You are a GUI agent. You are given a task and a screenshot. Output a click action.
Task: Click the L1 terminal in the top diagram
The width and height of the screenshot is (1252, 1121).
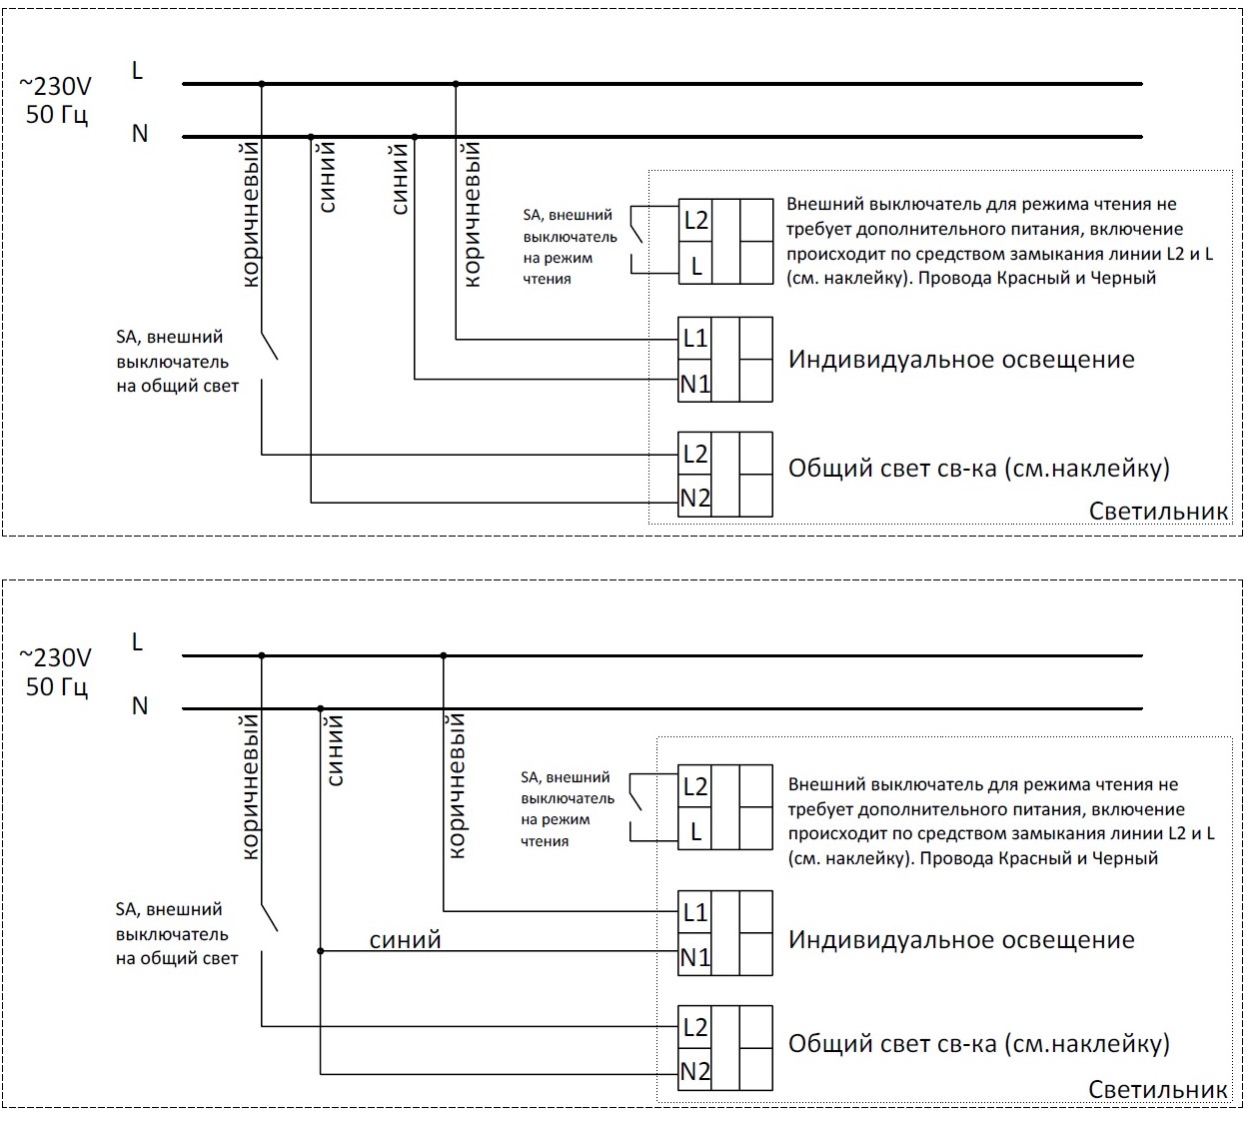tap(695, 339)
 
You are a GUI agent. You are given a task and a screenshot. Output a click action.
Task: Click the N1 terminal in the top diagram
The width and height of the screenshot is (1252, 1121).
tap(695, 383)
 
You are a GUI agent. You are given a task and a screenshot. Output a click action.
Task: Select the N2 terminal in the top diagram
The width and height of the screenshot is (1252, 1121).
tap(695, 498)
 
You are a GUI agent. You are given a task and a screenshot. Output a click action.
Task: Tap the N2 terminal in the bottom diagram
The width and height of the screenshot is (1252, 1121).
tap(695, 1072)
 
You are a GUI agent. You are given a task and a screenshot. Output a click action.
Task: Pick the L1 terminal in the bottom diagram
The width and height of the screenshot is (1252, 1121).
tap(695, 912)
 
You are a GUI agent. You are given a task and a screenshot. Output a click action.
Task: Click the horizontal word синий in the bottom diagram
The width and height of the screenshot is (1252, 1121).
tap(405, 940)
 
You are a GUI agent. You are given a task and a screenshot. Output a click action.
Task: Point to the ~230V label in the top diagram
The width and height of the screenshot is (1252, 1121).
tap(56, 86)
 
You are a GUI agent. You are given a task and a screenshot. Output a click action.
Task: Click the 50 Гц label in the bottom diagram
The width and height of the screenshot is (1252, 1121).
tap(57, 686)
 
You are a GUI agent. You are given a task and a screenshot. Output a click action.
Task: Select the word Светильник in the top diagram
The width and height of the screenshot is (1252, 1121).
tap(1158, 512)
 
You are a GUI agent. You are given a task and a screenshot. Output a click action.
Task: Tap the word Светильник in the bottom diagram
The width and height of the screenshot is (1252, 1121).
tap(1158, 1089)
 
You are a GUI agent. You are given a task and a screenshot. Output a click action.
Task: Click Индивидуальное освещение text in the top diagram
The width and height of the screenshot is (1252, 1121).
tap(961, 360)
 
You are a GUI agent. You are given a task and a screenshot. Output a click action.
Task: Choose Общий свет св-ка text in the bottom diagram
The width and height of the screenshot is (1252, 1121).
tap(892, 1044)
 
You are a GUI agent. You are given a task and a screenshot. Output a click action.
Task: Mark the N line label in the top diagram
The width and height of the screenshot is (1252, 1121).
tap(140, 133)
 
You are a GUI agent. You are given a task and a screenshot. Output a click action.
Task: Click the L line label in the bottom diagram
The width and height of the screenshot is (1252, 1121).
tap(138, 642)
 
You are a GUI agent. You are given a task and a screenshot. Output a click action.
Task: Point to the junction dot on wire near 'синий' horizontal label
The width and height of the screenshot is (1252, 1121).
tap(321, 951)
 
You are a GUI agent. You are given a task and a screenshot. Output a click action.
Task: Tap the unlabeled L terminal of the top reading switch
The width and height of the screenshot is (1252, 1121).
tap(696, 267)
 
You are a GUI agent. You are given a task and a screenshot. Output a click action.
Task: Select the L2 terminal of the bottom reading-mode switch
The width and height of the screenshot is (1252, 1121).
tap(695, 787)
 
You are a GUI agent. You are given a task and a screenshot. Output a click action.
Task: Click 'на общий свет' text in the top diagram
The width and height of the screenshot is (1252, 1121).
tap(178, 387)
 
